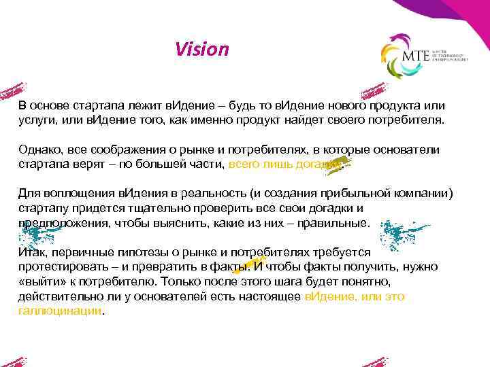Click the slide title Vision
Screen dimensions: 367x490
click(201, 50)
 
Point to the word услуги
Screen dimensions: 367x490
click(37, 120)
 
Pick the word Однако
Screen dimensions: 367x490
click(39, 150)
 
